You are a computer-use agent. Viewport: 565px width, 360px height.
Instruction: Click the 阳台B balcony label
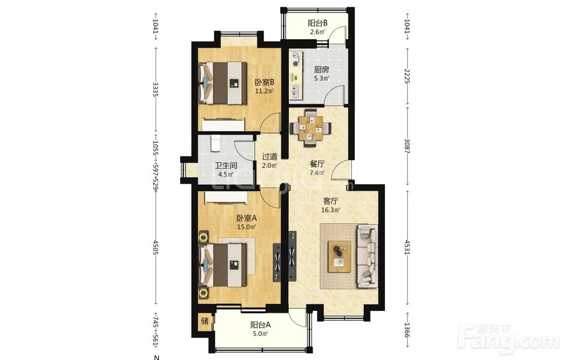318,23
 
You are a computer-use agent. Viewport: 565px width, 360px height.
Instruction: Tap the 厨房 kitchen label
321,69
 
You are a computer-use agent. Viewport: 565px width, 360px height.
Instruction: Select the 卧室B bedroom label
264,82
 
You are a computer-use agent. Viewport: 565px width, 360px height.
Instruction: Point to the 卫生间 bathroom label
226,166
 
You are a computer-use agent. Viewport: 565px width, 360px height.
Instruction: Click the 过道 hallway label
270,157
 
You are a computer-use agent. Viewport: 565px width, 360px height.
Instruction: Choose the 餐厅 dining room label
317,164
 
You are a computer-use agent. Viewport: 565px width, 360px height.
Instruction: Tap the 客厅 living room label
331,201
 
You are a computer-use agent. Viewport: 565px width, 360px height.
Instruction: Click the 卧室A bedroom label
246,218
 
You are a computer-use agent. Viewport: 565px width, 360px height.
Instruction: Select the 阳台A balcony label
260,325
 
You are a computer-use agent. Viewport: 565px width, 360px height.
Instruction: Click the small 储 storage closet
205,320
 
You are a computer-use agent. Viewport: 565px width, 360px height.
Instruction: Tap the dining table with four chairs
311,128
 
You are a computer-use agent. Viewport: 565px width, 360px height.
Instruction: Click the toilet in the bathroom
215,143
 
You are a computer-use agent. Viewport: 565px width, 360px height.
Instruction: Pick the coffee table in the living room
339,256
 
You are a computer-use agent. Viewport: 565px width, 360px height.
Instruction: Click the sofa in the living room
367,256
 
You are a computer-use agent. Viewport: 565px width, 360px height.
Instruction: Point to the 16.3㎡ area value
331,210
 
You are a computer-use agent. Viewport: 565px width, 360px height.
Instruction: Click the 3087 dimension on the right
407,146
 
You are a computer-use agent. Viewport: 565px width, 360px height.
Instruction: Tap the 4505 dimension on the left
156,248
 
